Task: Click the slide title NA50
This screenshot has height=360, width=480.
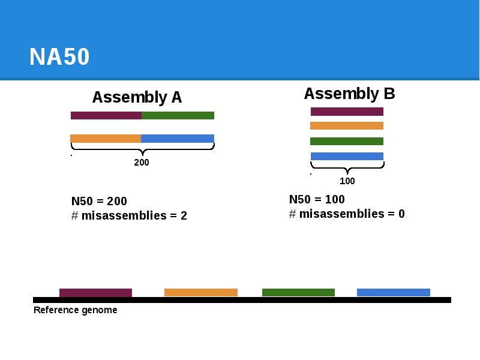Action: point(59,57)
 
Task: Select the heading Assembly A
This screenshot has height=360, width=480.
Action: point(137,97)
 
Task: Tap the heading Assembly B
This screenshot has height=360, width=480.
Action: point(349,94)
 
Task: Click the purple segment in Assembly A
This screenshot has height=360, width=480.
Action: point(106,115)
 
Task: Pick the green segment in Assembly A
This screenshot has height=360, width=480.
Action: point(178,115)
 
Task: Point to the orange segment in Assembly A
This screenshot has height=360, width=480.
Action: point(106,139)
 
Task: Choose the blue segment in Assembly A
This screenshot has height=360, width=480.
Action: point(178,139)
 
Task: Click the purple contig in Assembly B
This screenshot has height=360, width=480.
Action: point(347,112)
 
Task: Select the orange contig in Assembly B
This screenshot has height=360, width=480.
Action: point(347,126)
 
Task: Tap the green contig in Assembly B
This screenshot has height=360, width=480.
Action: point(347,142)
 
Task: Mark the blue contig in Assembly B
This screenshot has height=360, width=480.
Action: point(347,156)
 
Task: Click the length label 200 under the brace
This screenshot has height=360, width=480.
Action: point(142,163)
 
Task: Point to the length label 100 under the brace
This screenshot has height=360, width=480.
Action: point(347,181)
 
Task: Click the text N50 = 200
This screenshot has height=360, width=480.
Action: point(99,202)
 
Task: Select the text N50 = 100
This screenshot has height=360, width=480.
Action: point(317,200)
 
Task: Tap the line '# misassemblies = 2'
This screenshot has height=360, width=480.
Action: point(129,216)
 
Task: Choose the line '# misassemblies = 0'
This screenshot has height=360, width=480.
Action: point(347,214)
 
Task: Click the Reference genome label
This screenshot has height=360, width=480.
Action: point(75,310)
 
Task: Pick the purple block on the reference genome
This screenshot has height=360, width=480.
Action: point(95,293)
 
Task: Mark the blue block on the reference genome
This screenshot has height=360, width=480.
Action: point(394,292)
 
